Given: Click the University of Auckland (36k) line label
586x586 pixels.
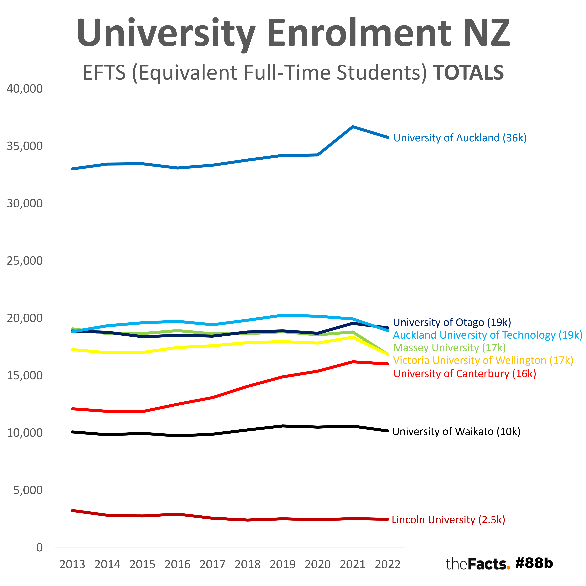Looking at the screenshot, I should tap(460, 138).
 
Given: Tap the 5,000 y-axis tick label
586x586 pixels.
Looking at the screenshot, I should tap(28, 490).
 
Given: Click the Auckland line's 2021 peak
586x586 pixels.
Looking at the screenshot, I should tap(353, 127).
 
